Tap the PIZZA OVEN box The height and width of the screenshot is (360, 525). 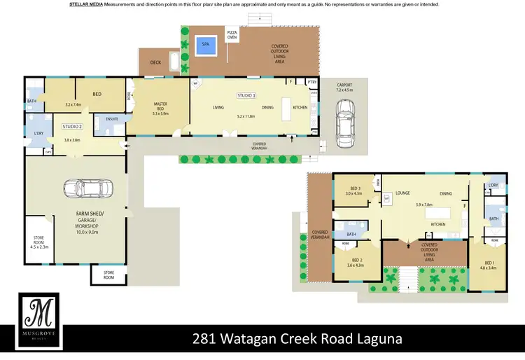232,36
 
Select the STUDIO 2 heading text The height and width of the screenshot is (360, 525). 72,127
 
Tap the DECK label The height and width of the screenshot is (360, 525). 155,62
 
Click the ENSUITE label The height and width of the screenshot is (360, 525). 112,118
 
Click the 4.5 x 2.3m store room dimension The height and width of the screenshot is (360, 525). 39,247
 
